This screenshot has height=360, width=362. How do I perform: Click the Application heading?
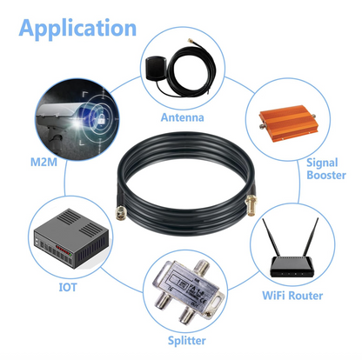(77, 29)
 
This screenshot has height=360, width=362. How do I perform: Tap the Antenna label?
(183, 117)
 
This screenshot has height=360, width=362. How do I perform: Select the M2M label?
(44, 162)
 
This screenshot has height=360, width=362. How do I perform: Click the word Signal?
(322, 163)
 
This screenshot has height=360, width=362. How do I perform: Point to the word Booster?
(326, 175)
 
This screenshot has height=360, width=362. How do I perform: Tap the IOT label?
(68, 287)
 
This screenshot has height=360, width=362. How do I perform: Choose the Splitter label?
(187, 341)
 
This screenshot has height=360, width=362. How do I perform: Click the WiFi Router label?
(292, 296)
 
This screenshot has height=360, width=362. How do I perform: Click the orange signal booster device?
(288, 123)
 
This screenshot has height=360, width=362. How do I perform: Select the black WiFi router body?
(292, 267)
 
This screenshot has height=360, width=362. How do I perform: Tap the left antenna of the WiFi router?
(271, 237)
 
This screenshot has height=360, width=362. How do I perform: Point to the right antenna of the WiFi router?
(311, 237)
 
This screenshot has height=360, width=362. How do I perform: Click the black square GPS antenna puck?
(156, 68)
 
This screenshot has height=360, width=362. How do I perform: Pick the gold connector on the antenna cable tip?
(191, 40)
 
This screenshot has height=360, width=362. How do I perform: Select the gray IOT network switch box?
(71, 239)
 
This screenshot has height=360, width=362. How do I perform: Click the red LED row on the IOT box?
(63, 250)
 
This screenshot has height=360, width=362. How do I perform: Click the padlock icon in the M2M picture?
(101, 118)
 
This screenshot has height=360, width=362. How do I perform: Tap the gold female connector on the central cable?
(250, 205)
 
